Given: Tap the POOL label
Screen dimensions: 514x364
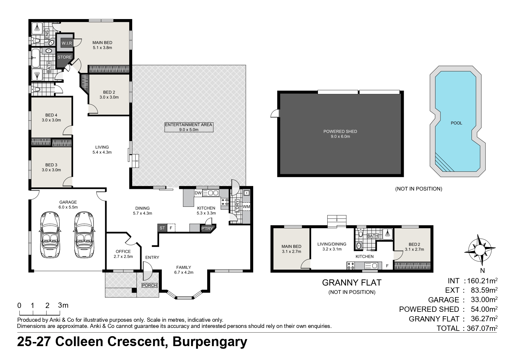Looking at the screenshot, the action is tap(456, 123).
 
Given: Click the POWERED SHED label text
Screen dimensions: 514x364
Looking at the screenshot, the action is tap(340, 131).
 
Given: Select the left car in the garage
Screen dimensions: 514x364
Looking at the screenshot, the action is tap(49, 235).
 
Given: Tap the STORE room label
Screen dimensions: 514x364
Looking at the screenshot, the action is tap(64, 57).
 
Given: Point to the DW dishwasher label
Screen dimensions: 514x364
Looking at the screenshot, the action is tap(198, 193).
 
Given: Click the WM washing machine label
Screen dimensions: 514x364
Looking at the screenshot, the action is tap(246, 206).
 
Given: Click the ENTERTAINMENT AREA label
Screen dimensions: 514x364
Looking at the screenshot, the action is tap(188, 125).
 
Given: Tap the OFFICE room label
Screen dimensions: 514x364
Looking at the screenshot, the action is tap(123, 251).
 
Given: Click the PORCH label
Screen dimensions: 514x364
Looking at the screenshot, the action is tap(150, 285).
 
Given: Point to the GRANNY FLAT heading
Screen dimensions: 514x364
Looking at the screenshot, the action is tap(352, 283).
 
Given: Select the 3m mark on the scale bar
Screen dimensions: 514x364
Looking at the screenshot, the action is tap(63, 305).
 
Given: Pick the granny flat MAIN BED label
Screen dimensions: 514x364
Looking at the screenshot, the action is tap(291, 246).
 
